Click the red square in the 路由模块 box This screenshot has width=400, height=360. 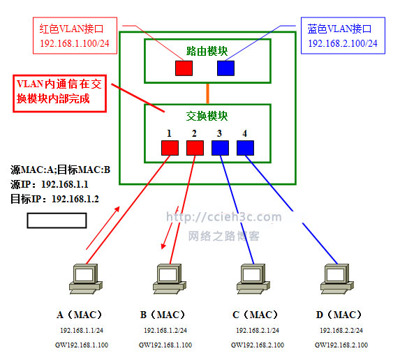tap(184, 68)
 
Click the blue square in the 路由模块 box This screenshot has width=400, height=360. tap(225, 68)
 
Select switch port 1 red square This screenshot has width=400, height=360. tap(170, 147)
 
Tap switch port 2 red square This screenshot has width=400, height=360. tap(195, 147)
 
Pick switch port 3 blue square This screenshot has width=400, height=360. tap(220, 147)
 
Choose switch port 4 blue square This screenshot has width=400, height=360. tap(245, 147)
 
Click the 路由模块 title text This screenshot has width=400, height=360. tap(207, 51)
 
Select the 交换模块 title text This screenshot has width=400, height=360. tap(207, 115)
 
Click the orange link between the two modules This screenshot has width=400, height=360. tap(207, 92)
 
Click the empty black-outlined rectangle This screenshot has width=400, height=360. tap(57, 220)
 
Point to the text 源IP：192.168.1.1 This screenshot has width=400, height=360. tap(56, 184)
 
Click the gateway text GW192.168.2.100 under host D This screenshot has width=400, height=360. tap(341, 345)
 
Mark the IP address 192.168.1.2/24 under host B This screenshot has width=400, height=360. tap(165, 330)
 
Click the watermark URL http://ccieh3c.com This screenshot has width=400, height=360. tap(224, 218)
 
